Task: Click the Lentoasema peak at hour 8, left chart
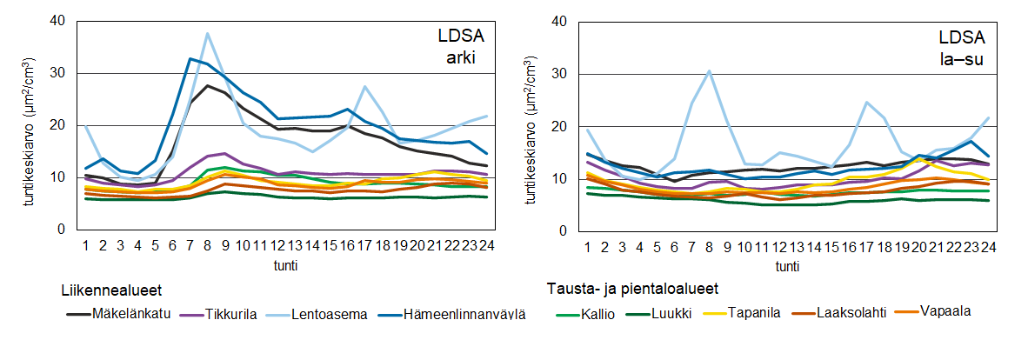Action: [x=207, y=34]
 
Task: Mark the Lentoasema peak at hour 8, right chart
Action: [x=710, y=71]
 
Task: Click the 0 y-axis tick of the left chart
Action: [x=62, y=230]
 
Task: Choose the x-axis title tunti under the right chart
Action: [x=787, y=266]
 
